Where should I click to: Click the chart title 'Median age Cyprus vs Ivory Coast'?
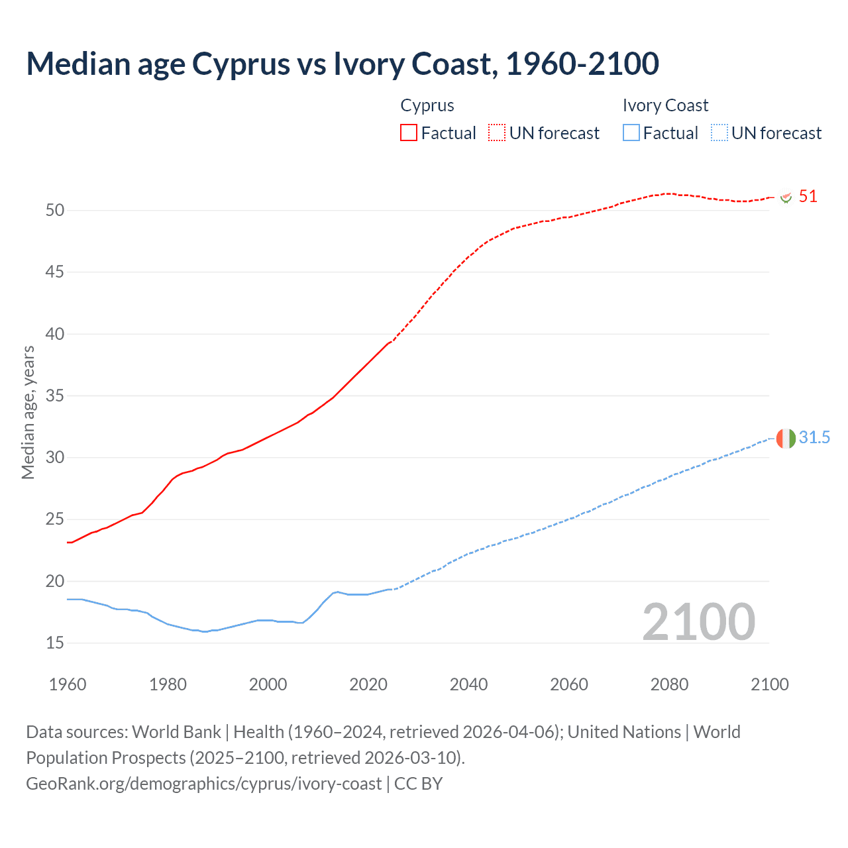click(x=342, y=64)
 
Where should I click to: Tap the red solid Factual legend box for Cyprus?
click(x=409, y=132)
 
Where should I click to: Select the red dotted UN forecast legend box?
click(x=497, y=132)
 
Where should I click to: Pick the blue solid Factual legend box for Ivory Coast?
click(x=631, y=132)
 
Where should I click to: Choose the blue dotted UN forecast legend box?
click(x=719, y=132)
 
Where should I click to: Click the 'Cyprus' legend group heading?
click(x=427, y=105)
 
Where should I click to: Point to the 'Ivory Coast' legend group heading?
click(x=665, y=105)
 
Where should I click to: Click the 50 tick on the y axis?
click(x=55, y=210)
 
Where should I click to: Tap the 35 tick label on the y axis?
click(x=55, y=396)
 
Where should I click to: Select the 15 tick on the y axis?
click(x=55, y=643)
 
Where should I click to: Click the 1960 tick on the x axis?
click(x=68, y=684)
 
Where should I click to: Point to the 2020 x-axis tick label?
click(x=368, y=684)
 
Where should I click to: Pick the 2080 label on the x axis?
click(x=669, y=684)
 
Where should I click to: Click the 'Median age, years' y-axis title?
click(x=28, y=412)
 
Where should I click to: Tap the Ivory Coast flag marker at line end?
click(x=785, y=438)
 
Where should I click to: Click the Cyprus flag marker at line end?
click(x=786, y=197)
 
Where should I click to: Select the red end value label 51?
click(x=808, y=196)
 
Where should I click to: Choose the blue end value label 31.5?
click(x=814, y=437)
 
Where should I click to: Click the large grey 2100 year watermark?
click(x=698, y=621)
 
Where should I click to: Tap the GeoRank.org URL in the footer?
click(x=203, y=783)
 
